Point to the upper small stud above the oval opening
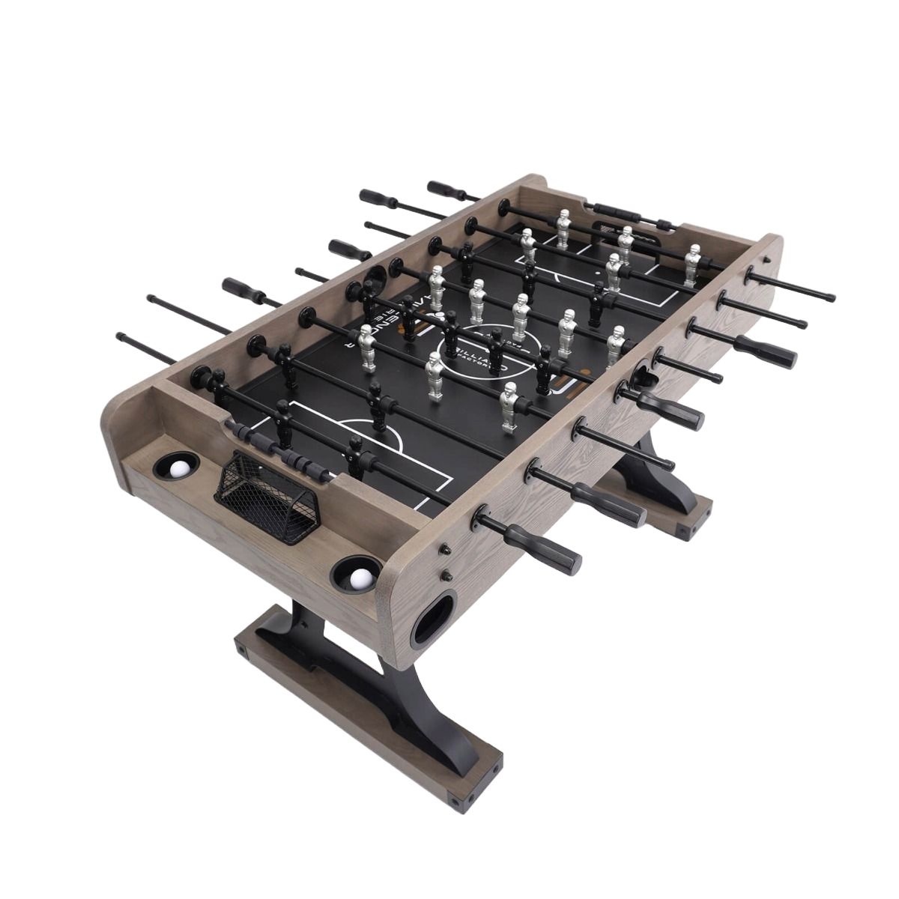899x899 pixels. [445, 549]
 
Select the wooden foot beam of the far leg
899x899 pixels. [659, 510]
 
